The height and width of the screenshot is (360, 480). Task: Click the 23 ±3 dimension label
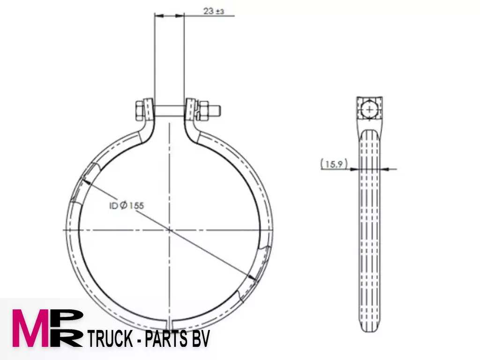click(214, 11)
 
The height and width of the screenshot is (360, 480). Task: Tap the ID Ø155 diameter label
click(127, 205)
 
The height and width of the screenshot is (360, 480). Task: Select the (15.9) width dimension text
click(334, 164)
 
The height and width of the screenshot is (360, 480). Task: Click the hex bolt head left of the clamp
click(139, 112)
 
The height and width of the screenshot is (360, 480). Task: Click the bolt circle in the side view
click(369, 109)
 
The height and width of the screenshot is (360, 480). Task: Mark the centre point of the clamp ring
click(169, 230)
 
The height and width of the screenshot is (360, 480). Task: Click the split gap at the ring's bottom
click(170, 324)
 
